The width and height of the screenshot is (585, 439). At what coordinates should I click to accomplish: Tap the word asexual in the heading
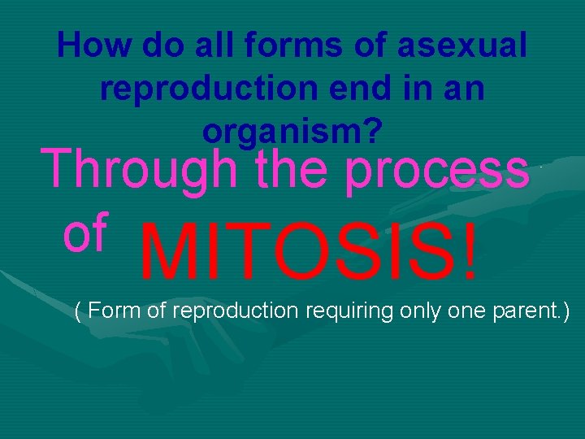pos(461,46)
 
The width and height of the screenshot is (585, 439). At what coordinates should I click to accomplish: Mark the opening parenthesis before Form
pos(77,311)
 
